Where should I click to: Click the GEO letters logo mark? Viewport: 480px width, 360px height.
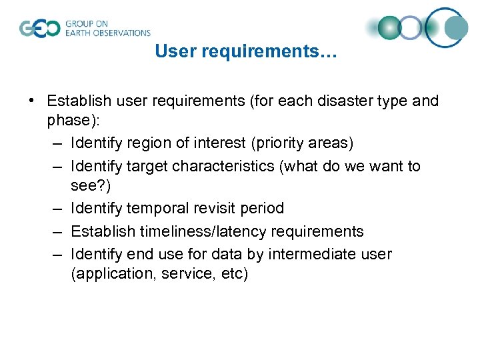(40, 29)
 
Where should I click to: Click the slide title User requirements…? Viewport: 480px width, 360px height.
(246, 51)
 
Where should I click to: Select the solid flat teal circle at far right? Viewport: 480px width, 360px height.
(457, 28)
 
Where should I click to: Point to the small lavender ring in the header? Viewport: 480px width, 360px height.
(411, 28)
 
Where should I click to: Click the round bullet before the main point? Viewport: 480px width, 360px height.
(32, 101)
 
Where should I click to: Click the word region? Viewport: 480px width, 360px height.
(148, 143)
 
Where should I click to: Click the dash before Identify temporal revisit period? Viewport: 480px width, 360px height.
(58, 209)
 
